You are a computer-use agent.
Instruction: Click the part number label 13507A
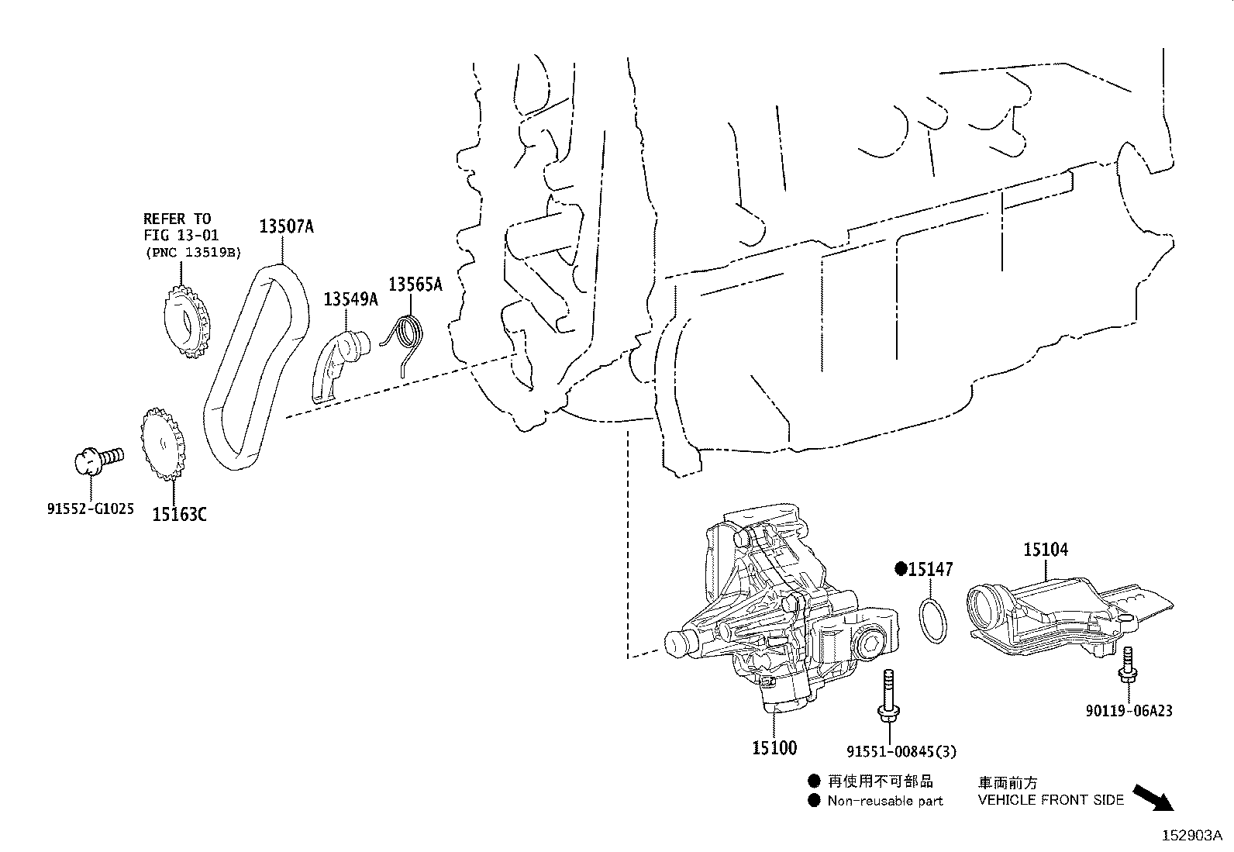tap(286, 226)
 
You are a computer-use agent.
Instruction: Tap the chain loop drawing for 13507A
tap(221, 434)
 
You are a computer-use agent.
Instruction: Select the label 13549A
tap(350, 298)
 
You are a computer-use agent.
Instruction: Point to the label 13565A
tap(415, 285)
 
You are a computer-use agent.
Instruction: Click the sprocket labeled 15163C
tap(163, 447)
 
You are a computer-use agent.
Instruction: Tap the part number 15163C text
tap(179, 513)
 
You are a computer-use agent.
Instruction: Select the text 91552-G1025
tap(89, 509)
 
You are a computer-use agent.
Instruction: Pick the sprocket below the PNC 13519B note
tap(186, 320)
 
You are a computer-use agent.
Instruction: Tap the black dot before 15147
tap(901, 569)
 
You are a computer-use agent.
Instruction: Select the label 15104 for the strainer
tap(1045, 550)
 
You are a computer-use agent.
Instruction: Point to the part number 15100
tap(774, 748)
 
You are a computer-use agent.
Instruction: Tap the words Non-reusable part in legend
tap(884, 801)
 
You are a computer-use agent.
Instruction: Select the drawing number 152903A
tap(1191, 836)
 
